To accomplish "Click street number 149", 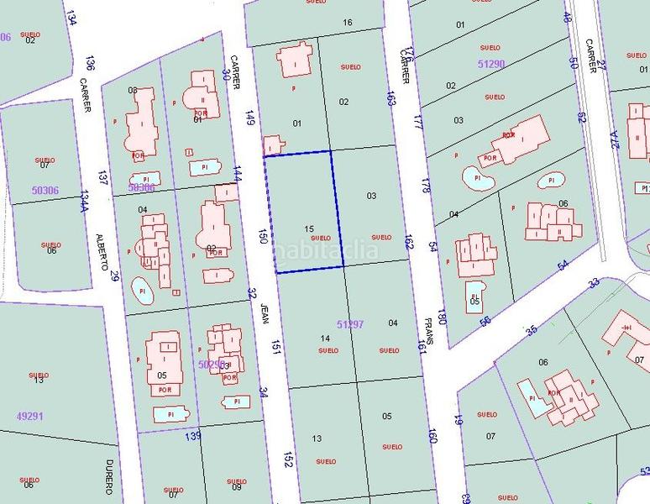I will pyautogui.click(x=249, y=118).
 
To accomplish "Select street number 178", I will pyautogui.click(x=426, y=186).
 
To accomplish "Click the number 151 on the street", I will pyautogui.click(x=275, y=346).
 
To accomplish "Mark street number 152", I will pyautogui.click(x=288, y=459).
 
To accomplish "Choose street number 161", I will pyautogui.click(x=422, y=344).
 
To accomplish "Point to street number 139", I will pyautogui.click(x=193, y=435).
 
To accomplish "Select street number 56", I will pyautogui.click(x=485, y=322).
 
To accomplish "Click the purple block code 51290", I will pyautogui.click(x=491, y=64).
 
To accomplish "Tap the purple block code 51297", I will pyautogui.click(x=350, y=323).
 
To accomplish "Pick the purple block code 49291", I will pyautogui.click(x=30, y=415).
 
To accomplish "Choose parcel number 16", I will pyautogui.click(x=348, y=22).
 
